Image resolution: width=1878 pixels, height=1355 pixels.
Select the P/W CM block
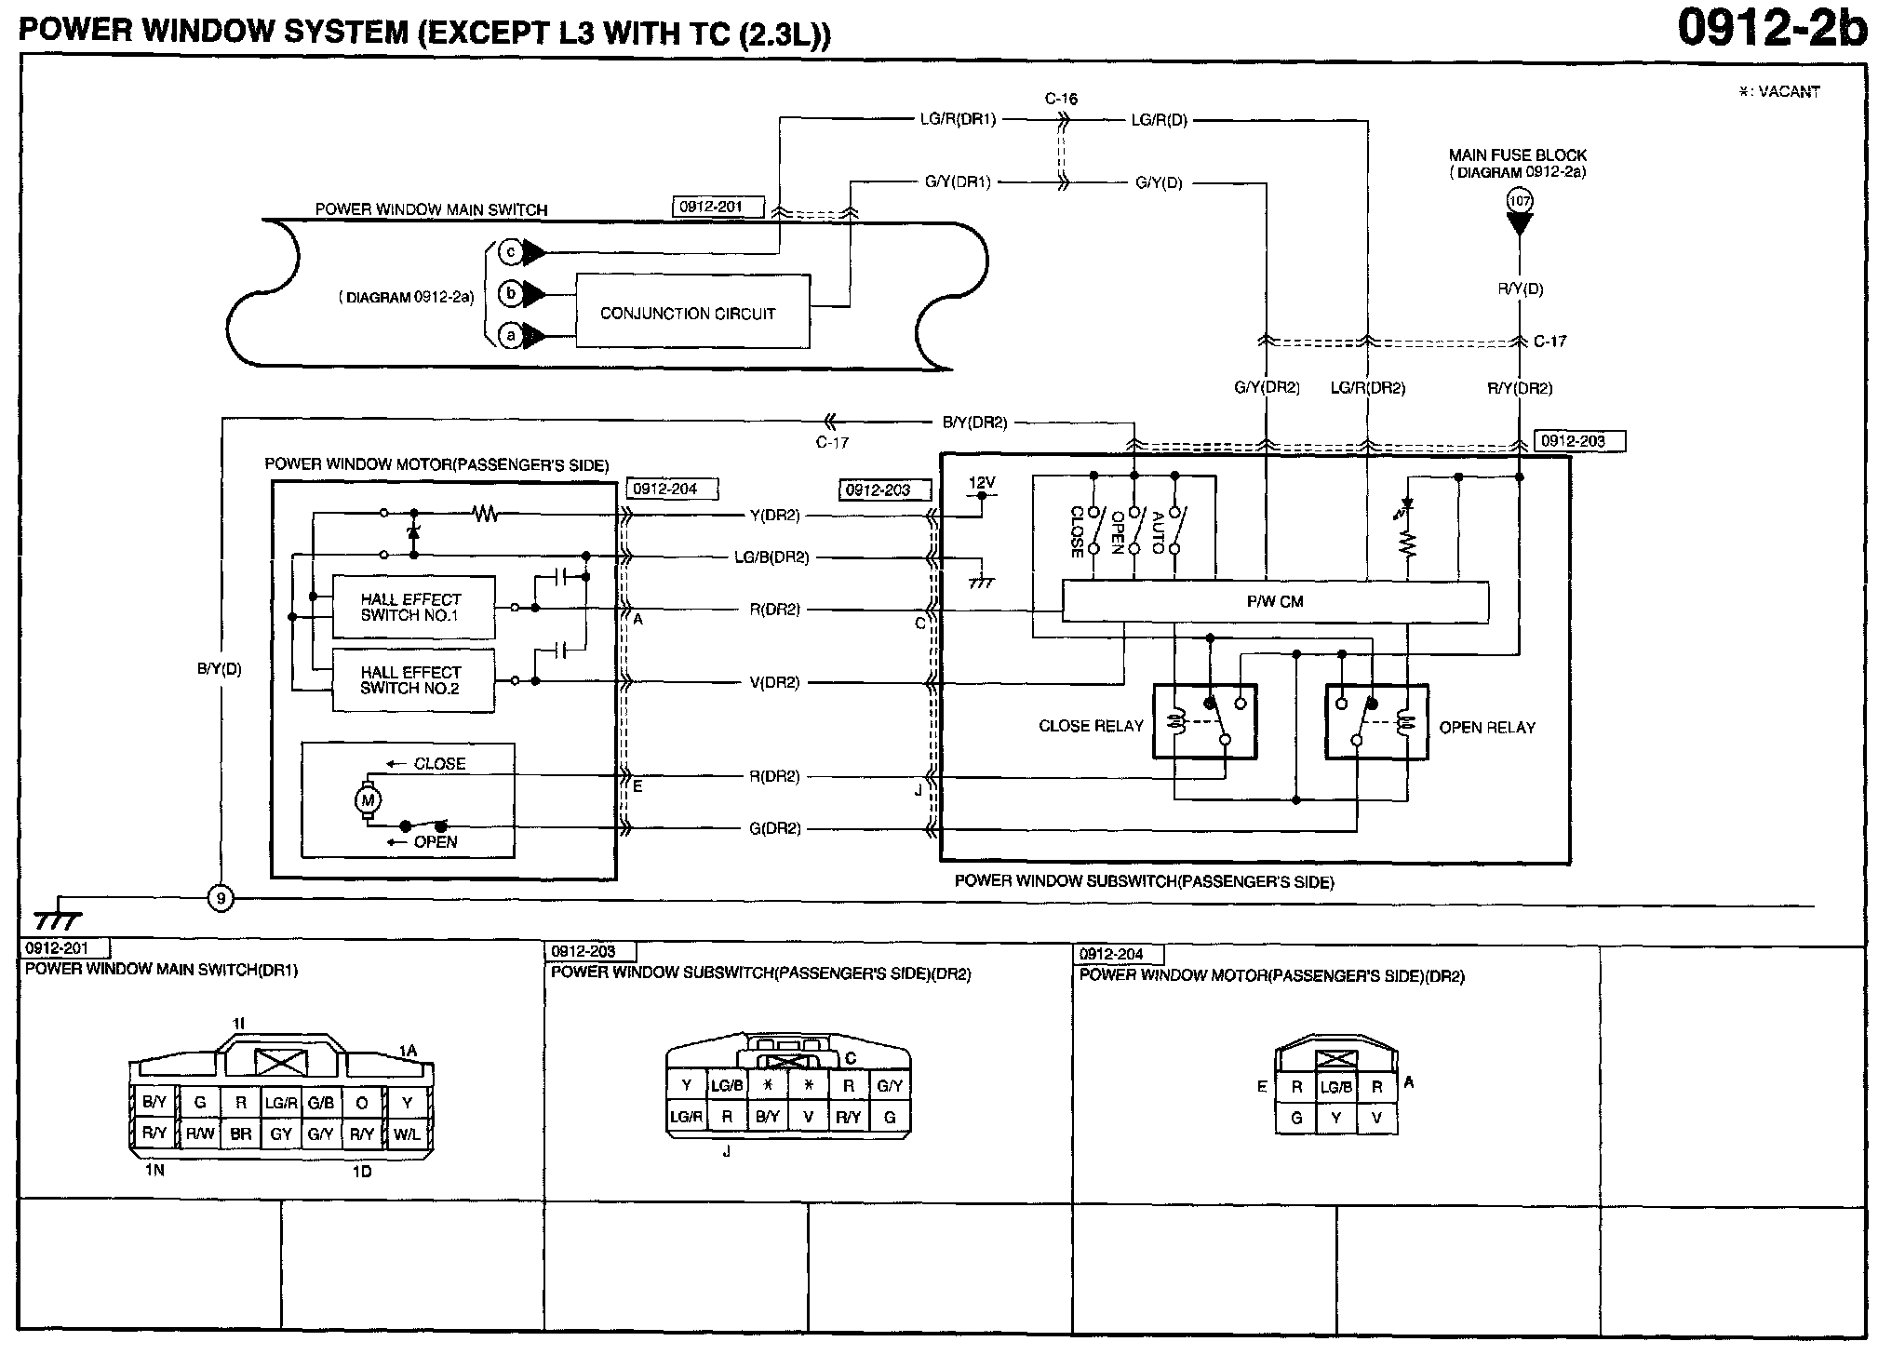pyautogui.click(x=1275, y=602)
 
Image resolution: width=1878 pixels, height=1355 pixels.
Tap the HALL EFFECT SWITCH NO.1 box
pyautogui.click(x=412, y=608)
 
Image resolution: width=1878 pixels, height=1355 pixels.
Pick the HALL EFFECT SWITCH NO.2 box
pyautogui.click(x=412, y=680)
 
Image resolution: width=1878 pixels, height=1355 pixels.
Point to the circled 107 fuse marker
pyautogui.click(x=1520, y=200)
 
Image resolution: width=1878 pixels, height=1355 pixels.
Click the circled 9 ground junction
pyautogui.click(x=221, y=899)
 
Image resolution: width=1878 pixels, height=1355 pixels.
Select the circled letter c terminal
pyautogui.click(x=511, y=251)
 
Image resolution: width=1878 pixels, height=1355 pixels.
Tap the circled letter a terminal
pyautogui.click(x=511, y=335)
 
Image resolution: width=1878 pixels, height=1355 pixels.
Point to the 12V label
pyautogui.click(x=982, y=483)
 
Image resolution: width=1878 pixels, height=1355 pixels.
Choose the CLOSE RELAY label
pyautogui.click(x=1091, y=726)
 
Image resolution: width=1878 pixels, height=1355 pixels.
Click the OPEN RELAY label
pyautogui.click(x=1487, y=728)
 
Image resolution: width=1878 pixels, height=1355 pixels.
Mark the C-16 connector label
pyautogui.click(x=1061, y=99)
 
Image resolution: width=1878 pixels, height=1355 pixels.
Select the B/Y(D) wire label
pyautogui.click(x=220, y=669)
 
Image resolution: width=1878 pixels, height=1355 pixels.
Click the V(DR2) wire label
pyautogui.click(x=774, y=682)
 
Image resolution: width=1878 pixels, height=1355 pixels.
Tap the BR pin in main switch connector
pyautogui.click(x=241, y=1134)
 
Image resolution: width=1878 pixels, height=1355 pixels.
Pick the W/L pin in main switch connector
pyautogui.click(x=407, y=1134)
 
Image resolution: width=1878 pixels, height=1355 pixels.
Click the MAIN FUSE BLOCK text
pyautogui.click(x=1518, y=155)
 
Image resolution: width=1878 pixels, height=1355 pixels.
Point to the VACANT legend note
pyautogui.click(x=1778, y=91)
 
